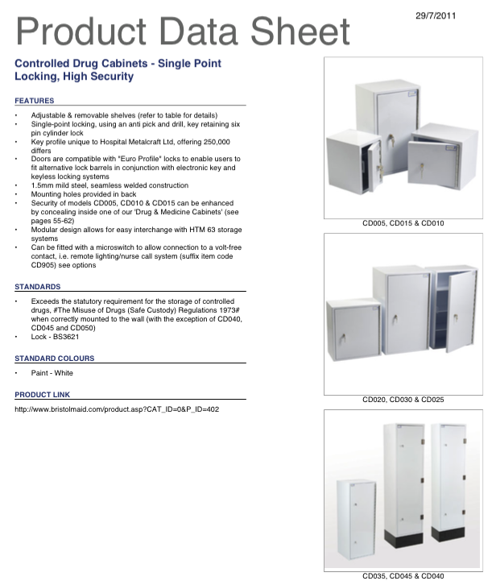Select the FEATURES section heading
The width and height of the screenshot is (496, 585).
pyautogui.click(x=35, y=101)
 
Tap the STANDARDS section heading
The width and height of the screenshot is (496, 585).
pyautogui.click(x=38, y=287)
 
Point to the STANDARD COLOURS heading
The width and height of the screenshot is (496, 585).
pyautogui.click(x=55, y=358)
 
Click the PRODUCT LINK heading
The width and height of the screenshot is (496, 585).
pyautogui.click(x=43, y=394)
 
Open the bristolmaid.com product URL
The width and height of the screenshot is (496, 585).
pyautogui.click(x=117, y=409)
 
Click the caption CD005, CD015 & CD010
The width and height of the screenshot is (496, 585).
pyautogui.click(x=403, y=223)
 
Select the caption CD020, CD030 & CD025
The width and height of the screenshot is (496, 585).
pyautogui.click(x=403, y=399)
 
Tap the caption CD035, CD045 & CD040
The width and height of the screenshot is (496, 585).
pyautogui.click(x=403, y=576)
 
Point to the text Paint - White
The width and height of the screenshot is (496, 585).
pyautogui.click(x=52, y=373)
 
